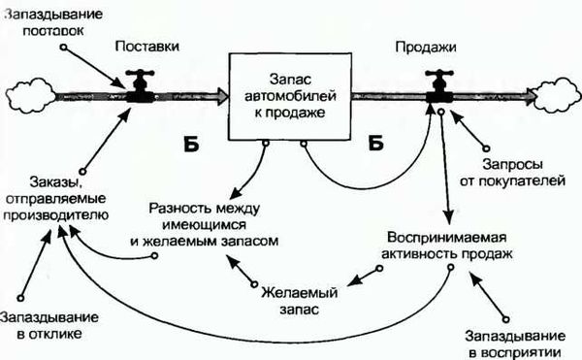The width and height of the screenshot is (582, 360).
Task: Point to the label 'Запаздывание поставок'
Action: click(54, 20)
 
